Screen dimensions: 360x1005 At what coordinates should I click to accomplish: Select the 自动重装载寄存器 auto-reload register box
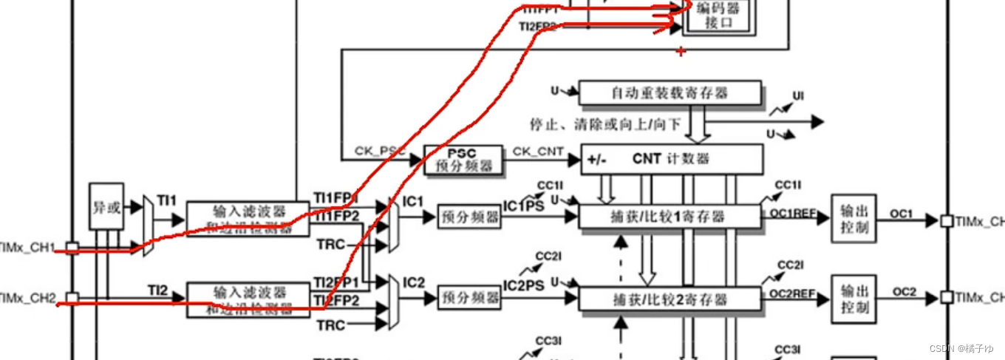click(670, 93)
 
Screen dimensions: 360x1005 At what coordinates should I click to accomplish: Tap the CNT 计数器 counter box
click(671, 159)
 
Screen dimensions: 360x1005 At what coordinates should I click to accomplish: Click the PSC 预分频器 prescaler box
click(463, 160)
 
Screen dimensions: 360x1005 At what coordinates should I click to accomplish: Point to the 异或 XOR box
click(106, 206)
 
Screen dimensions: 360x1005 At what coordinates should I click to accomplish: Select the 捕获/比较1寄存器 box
click(670, 217)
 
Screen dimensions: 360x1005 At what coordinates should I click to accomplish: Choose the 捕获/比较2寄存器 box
click(670, 299)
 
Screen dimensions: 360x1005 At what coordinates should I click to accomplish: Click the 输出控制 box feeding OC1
click(854, 218)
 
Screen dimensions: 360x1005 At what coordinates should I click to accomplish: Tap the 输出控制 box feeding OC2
click(854, 299)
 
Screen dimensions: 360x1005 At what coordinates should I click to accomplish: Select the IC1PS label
click(524, 206)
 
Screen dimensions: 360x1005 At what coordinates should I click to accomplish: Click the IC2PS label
click(524, 285)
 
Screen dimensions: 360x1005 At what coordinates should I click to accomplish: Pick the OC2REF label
click(793, 294)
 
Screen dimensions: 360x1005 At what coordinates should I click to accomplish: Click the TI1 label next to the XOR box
click(167, 200)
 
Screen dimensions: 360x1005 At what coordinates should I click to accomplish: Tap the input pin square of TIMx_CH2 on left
click(72, 299)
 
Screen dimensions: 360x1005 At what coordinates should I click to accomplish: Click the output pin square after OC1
click(946, 220)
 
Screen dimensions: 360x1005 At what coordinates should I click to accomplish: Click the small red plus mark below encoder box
click(681, 52)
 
